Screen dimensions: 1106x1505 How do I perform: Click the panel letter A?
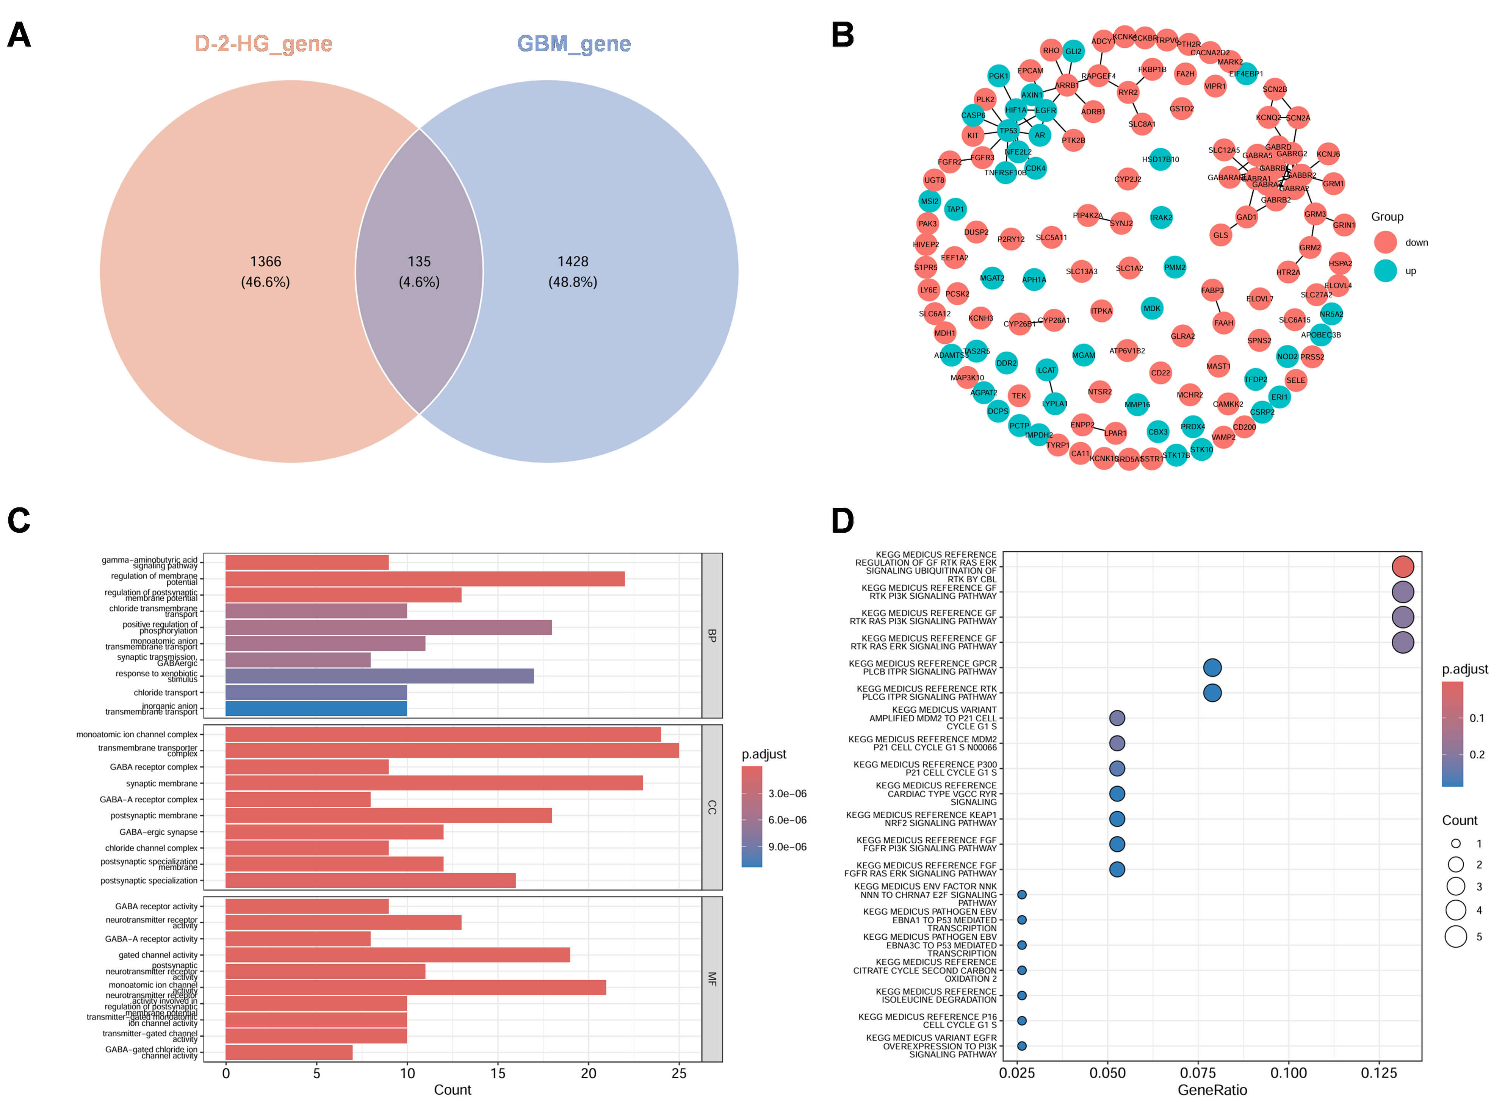[19, 35]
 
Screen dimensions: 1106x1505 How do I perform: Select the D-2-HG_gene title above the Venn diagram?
[263, 44]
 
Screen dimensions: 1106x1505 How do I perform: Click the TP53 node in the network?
[1008, 131]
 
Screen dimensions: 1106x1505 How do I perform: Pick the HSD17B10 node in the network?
[1160, 160]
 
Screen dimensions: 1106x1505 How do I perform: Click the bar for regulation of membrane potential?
[424, 579]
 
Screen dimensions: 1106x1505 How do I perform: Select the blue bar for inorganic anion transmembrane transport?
[316, 708]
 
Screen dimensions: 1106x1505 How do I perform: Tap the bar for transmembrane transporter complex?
[452, 751]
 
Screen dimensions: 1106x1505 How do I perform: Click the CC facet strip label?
[712, 807]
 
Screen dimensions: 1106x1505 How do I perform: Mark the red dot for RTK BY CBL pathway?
[1403, 566]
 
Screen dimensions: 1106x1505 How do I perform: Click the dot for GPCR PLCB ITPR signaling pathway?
[1212, 668]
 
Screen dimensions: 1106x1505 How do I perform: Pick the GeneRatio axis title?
[1212, 1090]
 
